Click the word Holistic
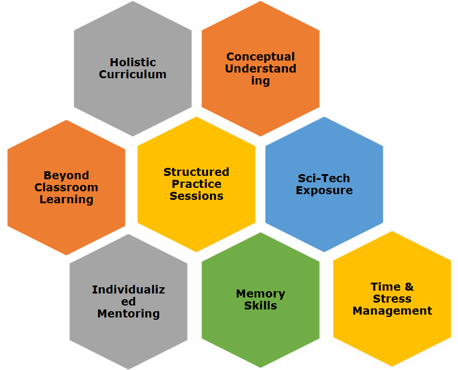133,62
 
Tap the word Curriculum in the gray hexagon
133,74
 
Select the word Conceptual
260,57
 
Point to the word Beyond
66,175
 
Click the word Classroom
66,187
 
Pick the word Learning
66,199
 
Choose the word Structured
196,172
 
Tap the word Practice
196,184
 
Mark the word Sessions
196,196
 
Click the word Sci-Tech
324,178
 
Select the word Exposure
324,190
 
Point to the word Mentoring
128,313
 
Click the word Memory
260,293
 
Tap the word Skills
260,305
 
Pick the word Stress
392,299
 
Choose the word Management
392,311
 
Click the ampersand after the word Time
408,287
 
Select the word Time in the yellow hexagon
384,287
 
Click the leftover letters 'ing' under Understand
260,81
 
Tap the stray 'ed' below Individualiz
128,301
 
